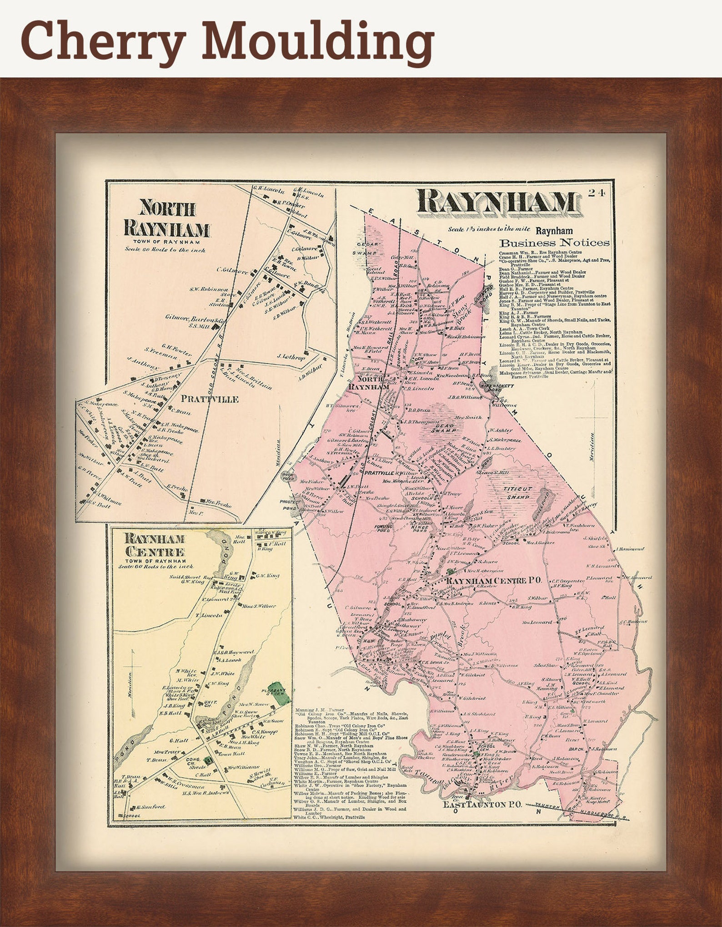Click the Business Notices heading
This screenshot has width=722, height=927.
[555, 243]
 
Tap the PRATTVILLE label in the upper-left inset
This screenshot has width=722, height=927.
[210, 399]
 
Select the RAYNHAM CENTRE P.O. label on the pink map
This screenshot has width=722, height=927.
[494, 581]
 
